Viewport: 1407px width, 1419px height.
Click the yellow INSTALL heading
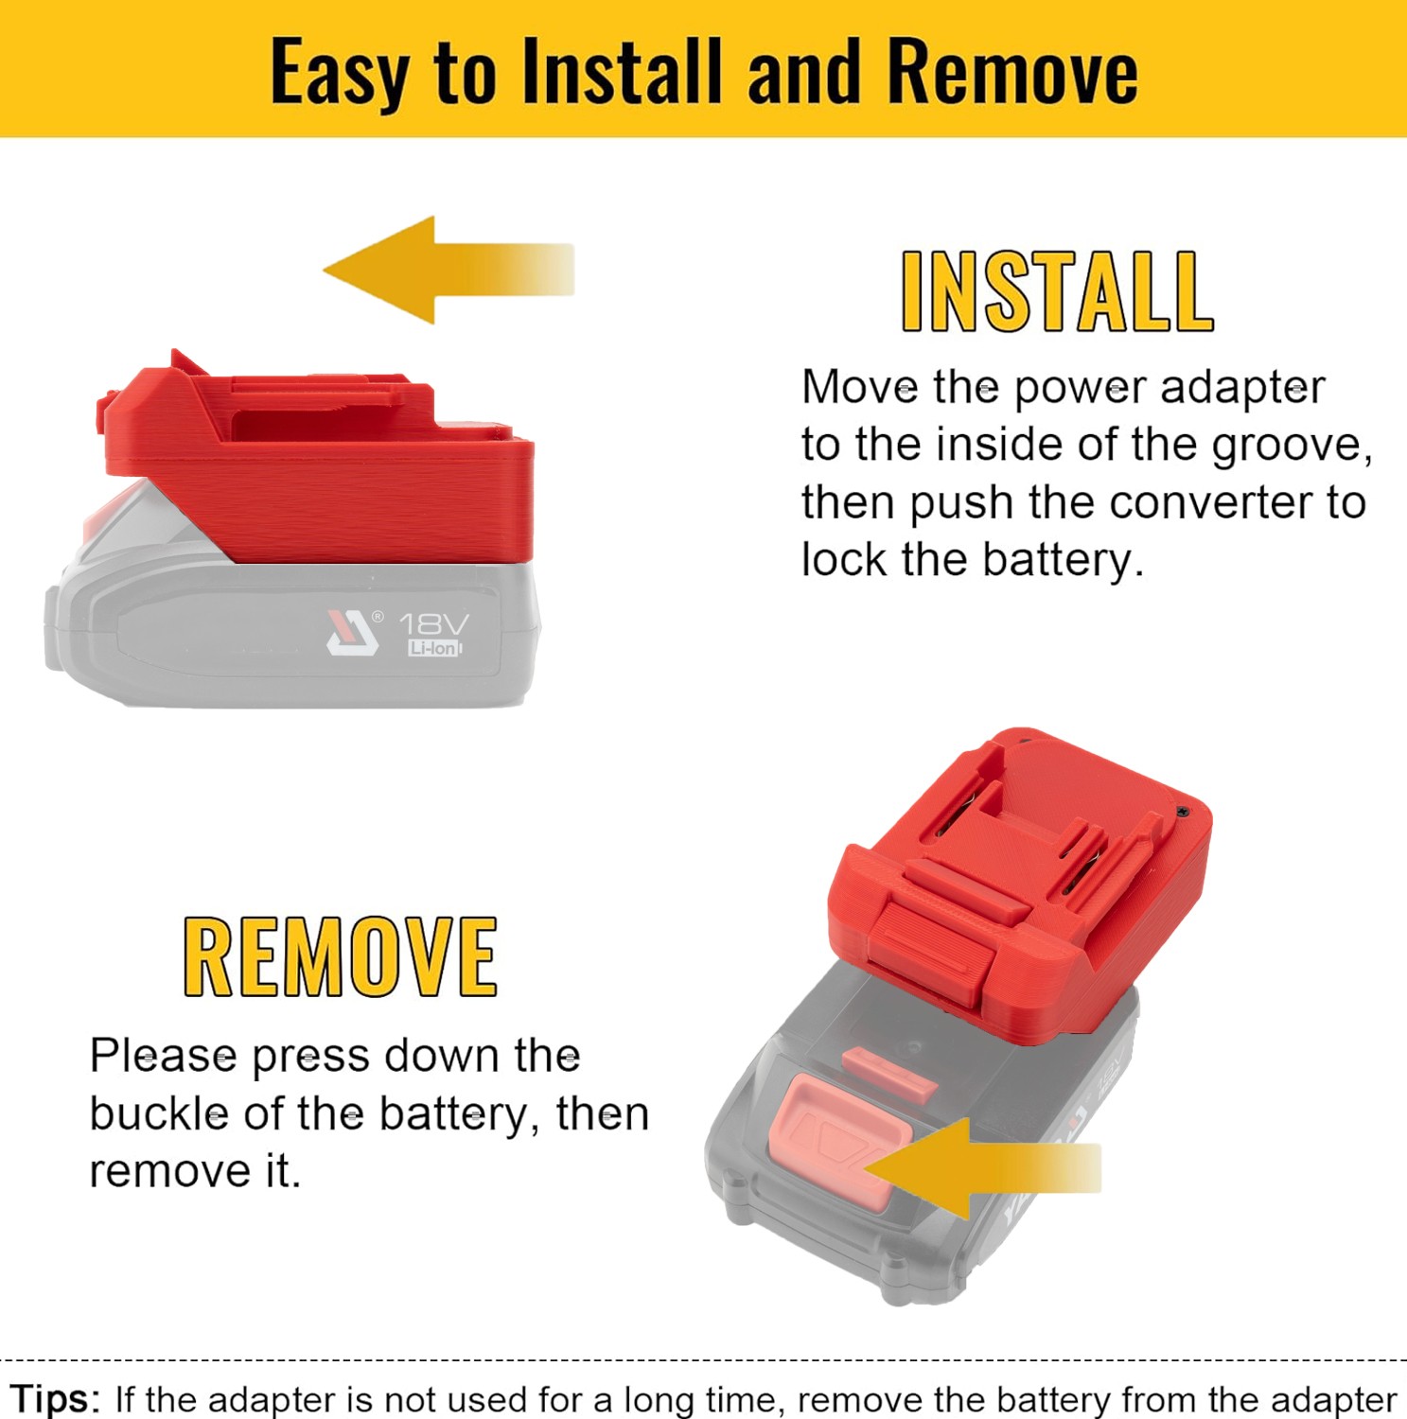1057,291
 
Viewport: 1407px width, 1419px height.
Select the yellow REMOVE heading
341,956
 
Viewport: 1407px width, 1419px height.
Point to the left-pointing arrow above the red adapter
448,270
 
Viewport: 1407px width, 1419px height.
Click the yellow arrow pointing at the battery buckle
982,1167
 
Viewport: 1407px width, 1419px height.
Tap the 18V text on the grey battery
433,624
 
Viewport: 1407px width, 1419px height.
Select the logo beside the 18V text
354,632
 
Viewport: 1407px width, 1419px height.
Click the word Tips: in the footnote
55,1398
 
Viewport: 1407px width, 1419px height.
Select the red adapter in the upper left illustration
316,459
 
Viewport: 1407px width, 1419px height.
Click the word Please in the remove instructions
163,1056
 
